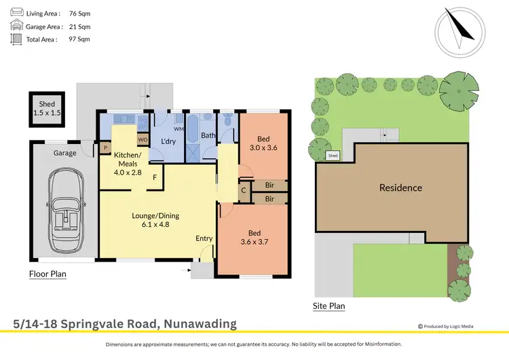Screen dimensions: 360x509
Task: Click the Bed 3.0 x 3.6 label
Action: pyautogui.click(x=264, y=143)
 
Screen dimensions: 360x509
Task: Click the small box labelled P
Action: pyautogui.click(x=105, y=147)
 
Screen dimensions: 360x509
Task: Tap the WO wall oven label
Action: pyautogui.click(x=143, y=140)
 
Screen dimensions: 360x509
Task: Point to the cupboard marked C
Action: pyautogui.click(x=244, y=190)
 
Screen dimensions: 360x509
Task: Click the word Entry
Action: pyautogui.click(x=204, y=238)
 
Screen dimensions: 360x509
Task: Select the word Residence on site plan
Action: pyautogui.click(x=400, y=188)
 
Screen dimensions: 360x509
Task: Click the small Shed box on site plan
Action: pyautogui.click(x=333, y=156)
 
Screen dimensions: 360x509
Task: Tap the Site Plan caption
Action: pyautogui.click(x=328, y=306)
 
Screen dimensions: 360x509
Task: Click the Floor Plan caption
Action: pyautogui.click(x=48, y=274)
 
